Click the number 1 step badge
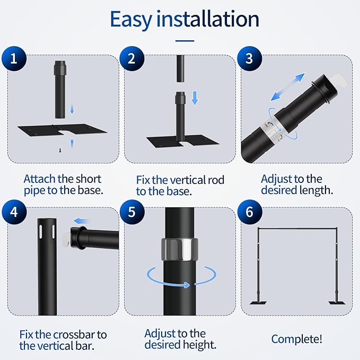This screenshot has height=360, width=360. pyautogui.click(x=14, y=58)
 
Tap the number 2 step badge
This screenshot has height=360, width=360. pyautogui.click(x=132, y=58)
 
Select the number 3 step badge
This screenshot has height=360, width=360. pyautogui.click(x=249, y=58)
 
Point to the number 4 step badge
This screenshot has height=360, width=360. pyautogui.click(x=14, y=212)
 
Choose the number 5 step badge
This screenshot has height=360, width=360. pyautogui.click(x=132, y=212)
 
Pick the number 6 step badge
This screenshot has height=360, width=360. pyautogui.click(x=250, y=212)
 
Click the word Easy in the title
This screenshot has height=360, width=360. pyautogui.click(x=131, y=20)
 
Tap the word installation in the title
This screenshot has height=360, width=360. pyautogui.click(x=208, y=19)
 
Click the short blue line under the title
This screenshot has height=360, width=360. pyautogui.click(x=185, y=41)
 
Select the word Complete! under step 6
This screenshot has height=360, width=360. pyautogui.click(x=296, y=339)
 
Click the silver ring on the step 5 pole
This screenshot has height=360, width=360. pyautogui.click(x=180, y=249)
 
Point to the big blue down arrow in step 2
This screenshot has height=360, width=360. pyautogui.click(x=195, y=98)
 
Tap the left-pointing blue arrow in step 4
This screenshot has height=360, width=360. pyautogui.click(x=81, y=221)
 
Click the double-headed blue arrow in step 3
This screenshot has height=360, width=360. pyautogui.click(x=288, y=87)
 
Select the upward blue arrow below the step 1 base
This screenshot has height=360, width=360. pyautogui.click(x=72, y=143)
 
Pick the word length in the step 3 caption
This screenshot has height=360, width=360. pyautogui.click(x=315, y=190)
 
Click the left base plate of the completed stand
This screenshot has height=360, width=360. pyautogui.click(x=258, y=303)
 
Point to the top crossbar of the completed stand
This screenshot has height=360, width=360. pyautogui.click(x=297, y=229)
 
